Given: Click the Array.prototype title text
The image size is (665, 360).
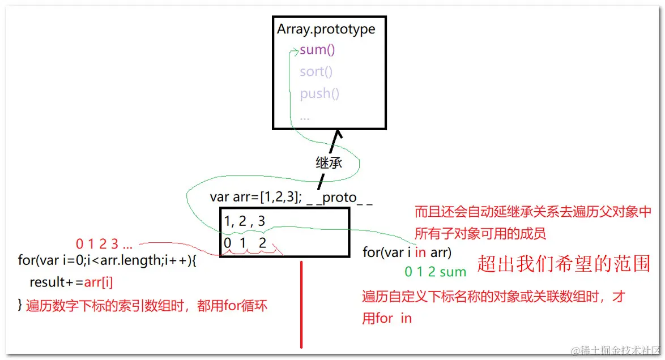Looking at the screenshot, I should [x=326, y=29].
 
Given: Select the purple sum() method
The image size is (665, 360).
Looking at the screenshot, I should [x=317, y=50].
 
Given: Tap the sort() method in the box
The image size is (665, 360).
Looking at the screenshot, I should [x=316, y=71].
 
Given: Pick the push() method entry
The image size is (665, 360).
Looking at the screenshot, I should [x=319, y=93].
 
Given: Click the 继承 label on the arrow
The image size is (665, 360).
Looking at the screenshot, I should [x=329, y=162].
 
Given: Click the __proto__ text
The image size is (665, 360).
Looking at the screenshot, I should [x=339, y=198].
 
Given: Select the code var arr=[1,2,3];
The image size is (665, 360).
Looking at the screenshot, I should [x=255, y=197].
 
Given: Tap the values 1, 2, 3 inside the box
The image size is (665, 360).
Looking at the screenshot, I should [x=245, y=221].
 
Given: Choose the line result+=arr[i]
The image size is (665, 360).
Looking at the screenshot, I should [x=67, y=282].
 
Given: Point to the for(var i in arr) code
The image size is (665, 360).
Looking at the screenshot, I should [x=407, y=252].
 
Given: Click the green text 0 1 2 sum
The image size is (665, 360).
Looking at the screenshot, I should [x=435, y=272].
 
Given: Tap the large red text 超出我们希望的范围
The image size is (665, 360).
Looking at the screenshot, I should [x=564, y=264].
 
